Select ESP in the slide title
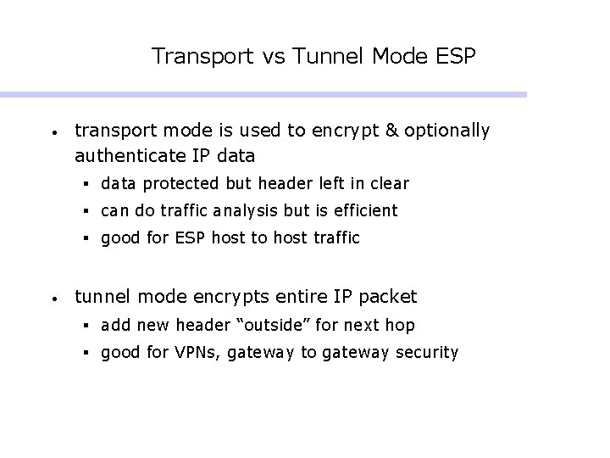click(457, 57)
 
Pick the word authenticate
click(128, 156)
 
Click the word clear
click(388, 183)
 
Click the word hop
click(401, 326)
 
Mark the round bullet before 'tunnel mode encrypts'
click(53, 299)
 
